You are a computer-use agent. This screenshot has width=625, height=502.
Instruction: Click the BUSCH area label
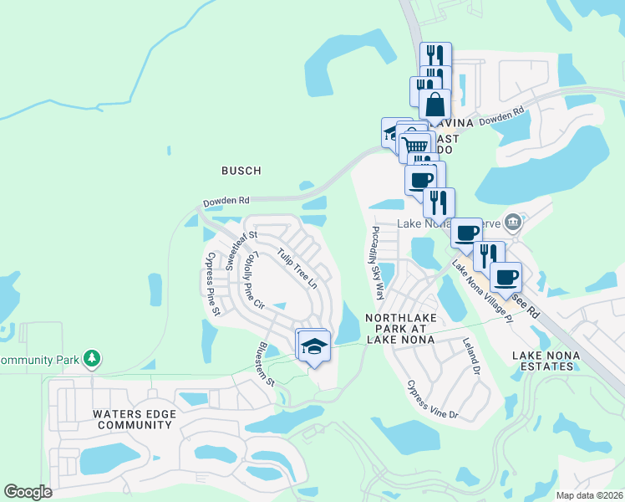[241, 171]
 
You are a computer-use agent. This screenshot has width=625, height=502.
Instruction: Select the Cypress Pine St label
[212, 284]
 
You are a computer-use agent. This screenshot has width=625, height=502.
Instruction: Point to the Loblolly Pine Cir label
[252, 284]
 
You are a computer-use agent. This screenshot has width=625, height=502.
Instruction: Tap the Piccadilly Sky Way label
[377, 262]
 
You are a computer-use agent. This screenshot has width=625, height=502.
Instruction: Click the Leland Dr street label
[472, 356]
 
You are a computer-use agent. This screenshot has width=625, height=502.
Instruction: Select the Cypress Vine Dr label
[432, 400]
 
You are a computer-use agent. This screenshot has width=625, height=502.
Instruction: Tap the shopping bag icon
[434, 105]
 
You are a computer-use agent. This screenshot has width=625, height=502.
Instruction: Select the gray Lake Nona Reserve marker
[513, 223]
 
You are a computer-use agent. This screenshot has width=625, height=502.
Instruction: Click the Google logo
[28, 492]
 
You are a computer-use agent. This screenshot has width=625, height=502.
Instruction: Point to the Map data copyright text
[590, 495]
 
